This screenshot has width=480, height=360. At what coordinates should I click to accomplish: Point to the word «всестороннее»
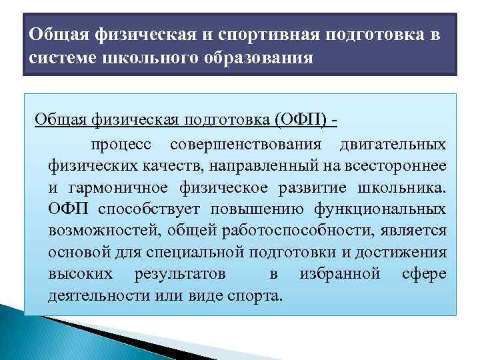click(x=403, y=165)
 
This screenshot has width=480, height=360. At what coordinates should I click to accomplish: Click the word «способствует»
click(x=153, y=209)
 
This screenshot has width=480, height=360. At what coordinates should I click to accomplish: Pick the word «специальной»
click(x=193, y=253)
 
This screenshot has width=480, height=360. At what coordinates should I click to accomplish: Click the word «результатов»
click(x=179, y=274)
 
